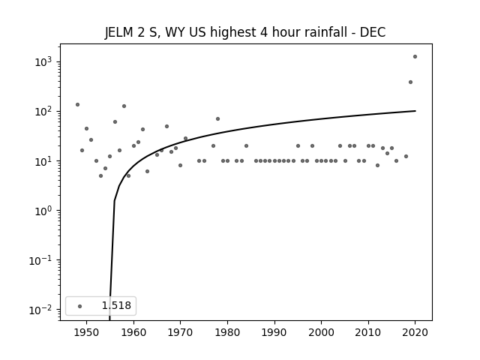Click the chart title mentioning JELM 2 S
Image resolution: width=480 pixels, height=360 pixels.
tap(245, 32)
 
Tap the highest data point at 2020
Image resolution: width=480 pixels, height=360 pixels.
tap(415, 57)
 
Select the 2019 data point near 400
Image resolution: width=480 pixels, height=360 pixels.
tap(410, 82)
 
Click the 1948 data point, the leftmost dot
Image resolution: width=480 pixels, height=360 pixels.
tap(77, 105)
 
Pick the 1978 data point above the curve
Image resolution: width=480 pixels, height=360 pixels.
tap(217, 118)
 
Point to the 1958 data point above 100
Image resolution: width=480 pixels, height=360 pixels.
tap(124, 106)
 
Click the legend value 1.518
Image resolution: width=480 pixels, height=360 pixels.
tap(116, 305)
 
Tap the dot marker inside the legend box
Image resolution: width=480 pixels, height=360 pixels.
tap(80, 306)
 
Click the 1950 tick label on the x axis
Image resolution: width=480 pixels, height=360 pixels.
tap(87, 332)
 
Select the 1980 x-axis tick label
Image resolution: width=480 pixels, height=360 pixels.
tap(227, 332)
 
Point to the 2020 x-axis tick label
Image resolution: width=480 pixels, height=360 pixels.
tap(415, 332)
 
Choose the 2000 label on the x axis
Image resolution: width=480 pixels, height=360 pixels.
tap(322, 332)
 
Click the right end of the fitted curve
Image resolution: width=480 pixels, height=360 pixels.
tap(415, 111)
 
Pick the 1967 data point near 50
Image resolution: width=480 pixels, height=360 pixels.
tap(166, 127)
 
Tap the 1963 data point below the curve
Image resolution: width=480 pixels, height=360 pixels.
tap(147, 172)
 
